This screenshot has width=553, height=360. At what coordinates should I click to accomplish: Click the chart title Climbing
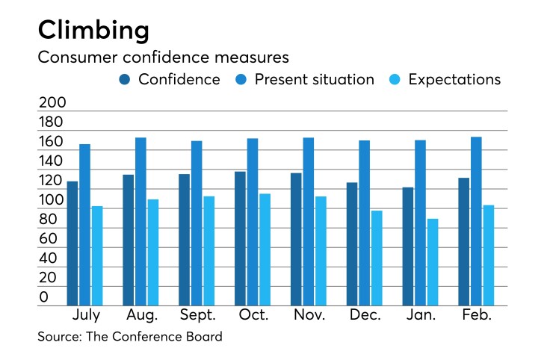93,30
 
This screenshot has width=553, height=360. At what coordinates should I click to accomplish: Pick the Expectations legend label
454,79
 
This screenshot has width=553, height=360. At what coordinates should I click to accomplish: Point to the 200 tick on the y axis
52,103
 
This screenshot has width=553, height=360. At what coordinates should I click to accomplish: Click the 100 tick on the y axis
52,200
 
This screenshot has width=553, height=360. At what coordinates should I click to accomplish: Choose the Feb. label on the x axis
476,315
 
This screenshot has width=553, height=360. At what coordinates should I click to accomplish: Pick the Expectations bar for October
265,249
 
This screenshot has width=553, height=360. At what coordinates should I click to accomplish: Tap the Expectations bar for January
433,261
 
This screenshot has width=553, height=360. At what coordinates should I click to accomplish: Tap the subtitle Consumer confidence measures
163,57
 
